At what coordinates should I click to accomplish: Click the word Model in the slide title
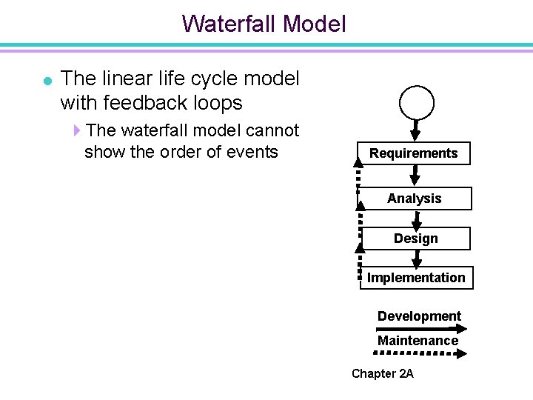click(x=315, y=24)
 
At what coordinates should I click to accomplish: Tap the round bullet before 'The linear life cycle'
click(x=47, y=80)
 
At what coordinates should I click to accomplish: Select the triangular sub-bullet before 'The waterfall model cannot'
click(x=77, y=131)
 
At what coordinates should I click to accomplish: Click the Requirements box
click(x=414, y=153)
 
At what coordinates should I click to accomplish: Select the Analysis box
click(x=414, y=199)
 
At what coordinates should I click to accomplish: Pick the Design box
click(x=415, y=239)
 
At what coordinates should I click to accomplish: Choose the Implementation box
click(x=416, y=278)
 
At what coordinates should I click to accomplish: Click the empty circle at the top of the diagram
click(x=417, y=101)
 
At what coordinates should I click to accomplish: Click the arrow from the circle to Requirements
click(x=416, y=130)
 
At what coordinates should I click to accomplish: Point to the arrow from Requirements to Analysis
click(x=415, y=176)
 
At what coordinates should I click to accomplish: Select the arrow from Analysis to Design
click(x=416, y=219)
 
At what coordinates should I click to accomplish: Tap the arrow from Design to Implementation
click(x=417, y=258)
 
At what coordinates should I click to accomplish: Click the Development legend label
click(x=419, y=316)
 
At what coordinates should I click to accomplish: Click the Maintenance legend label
click(x=418, y=341)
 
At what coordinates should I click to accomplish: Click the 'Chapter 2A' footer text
click(x=383, y=373)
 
